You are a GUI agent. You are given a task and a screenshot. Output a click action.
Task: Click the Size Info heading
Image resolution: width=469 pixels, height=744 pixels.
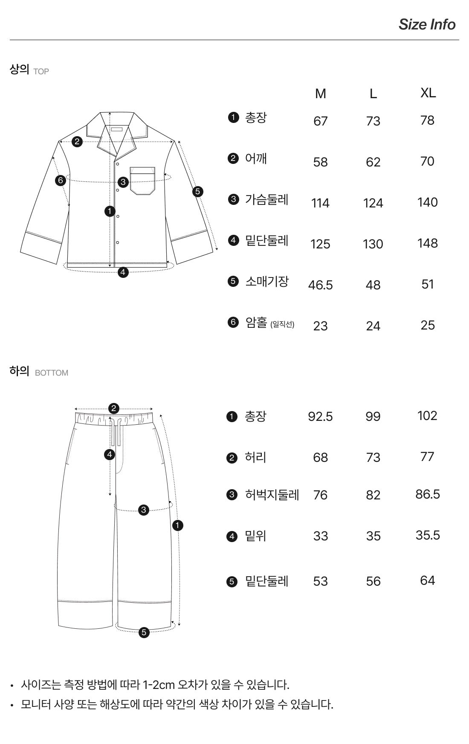click(x=427, y=24)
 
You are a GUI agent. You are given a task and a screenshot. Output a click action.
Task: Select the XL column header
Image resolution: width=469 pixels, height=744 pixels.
click(x=428, y=93)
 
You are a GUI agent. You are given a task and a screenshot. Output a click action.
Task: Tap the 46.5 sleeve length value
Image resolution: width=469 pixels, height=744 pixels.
click(x=320, y=285)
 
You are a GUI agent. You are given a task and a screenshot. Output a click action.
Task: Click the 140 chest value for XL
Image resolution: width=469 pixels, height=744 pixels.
click(x=427, y=202)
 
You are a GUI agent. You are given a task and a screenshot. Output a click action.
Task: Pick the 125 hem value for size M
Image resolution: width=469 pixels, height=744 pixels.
click(x=320, y=244)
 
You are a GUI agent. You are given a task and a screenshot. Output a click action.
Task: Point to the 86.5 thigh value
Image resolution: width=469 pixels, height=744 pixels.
click(x=428, y=494)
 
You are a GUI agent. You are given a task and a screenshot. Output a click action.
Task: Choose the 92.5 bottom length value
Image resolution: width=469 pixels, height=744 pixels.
click(x=320, y=416)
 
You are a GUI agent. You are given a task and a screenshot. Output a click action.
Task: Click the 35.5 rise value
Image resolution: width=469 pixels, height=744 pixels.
click(x=428, y=535)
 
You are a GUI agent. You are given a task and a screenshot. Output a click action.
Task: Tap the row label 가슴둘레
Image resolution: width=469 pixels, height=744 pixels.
click(x=266, y=199)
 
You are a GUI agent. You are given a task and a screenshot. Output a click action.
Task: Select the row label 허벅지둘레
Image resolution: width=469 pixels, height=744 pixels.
click(x=272, y=495)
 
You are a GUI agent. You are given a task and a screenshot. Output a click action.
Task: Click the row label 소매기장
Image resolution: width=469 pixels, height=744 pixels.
click(x=267, y=281)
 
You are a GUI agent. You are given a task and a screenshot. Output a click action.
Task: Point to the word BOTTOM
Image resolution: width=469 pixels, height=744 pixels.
click(x=52, y=373)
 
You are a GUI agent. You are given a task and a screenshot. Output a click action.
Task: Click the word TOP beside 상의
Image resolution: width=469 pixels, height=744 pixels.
click(x=41, y=71)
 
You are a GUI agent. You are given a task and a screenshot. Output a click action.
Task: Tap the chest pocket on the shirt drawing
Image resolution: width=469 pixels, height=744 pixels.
click(x=142, y=181)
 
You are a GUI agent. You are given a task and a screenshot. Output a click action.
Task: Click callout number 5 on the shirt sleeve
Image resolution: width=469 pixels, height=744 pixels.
click(x=197, y=191)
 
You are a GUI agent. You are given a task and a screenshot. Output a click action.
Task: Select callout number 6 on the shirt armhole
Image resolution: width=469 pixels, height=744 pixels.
click(x=60, y=180)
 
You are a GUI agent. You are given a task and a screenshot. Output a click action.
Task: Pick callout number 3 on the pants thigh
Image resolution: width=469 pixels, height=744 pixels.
click(x=144, y=510)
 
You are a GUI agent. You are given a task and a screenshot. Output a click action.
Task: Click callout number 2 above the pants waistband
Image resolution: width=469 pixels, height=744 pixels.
click(x=113, y=408)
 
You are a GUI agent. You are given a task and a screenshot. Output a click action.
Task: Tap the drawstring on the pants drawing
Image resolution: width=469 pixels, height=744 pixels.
click(x=116, y=432)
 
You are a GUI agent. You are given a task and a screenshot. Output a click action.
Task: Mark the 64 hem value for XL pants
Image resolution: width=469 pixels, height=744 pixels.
click(x=427, y=580)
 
